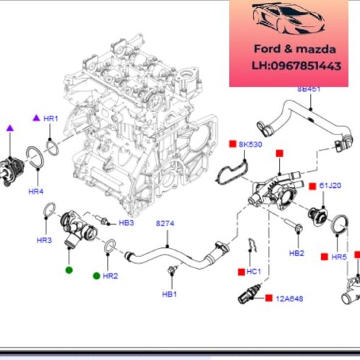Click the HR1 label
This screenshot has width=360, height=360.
tap(51, 117)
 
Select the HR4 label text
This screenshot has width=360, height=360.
tap(35, 192)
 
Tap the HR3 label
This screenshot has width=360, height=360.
tap(45, 239)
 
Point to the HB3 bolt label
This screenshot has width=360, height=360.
tap(126, 223)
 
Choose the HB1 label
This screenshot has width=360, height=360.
tap(168, 294)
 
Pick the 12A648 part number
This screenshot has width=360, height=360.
tap(288, 298)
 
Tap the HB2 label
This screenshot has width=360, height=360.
tap(296, 253)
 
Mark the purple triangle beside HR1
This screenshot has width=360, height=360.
tap(35, 117)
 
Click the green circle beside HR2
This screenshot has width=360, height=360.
tap(95, 275)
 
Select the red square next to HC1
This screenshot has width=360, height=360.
tap(240, 272)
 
